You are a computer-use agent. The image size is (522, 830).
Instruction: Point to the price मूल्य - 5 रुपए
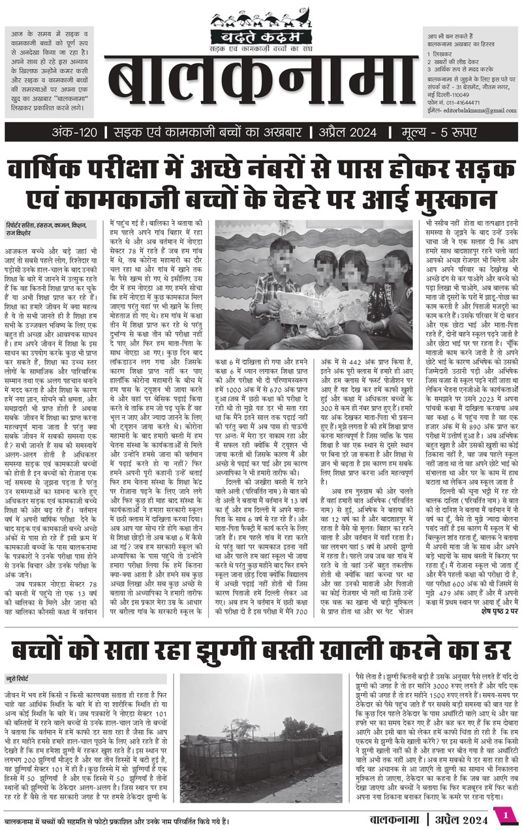click(444, 134)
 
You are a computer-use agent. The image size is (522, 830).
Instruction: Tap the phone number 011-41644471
click(463, 102)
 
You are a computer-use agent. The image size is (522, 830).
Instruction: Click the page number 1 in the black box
click(505, 814)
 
